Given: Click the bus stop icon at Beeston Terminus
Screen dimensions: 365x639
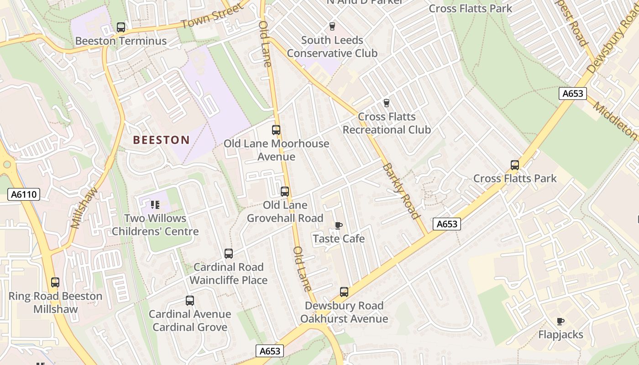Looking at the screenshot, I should point(121,27).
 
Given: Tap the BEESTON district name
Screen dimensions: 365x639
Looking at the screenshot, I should point(161,140).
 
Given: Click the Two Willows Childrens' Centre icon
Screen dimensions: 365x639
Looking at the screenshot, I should point(155,205).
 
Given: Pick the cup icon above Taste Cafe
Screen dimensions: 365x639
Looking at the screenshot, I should point(338,225).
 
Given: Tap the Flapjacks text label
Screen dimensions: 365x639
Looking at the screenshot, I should point(560,334).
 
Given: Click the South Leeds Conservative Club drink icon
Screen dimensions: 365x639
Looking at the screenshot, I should point(332,26).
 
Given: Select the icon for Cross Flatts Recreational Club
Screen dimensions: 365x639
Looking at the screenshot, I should point(387,103).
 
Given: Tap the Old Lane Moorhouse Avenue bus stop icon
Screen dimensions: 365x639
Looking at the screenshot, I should point(276,130).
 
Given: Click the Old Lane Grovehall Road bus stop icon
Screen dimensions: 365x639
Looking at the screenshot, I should point(285,192).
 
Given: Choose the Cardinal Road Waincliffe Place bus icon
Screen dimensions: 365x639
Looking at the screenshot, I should point(229,254).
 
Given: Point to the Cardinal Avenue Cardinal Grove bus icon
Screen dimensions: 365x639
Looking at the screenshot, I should point(190,301).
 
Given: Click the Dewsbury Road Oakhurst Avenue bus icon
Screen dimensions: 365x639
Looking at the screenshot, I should point(344,292).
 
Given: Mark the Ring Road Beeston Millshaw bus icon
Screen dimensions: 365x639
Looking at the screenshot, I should point(55,282).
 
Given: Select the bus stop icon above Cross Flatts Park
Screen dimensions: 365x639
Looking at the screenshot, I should point(515,165).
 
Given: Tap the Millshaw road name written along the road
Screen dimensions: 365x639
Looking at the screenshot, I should point(85,207).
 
